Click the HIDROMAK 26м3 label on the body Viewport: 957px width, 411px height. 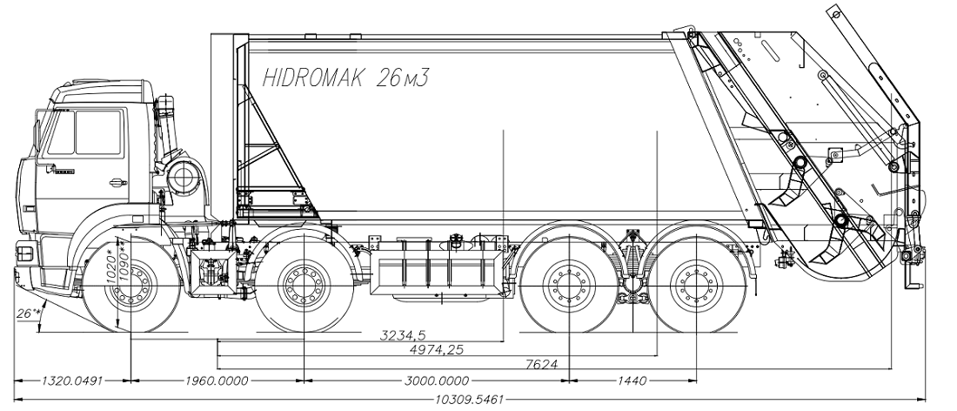point(347,77)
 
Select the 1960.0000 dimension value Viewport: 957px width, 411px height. point(217,381)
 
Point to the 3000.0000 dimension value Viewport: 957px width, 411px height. point(437,381)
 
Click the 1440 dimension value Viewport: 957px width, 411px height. point(632,381)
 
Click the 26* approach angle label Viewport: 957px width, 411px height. point(29,312)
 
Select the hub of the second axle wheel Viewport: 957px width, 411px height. point(302,283)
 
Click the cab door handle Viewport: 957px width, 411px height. point(116,182)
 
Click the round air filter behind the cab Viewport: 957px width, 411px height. point(185,178)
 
